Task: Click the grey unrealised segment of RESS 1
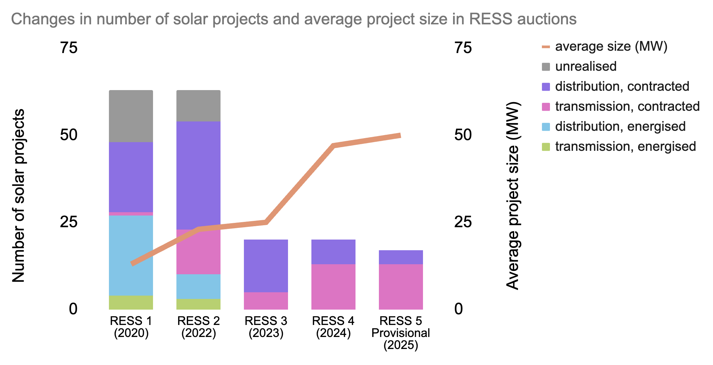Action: (131, 116)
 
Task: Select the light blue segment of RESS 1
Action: (131, 255)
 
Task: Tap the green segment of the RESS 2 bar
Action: (198, 304)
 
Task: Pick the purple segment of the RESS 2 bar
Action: (198, 175)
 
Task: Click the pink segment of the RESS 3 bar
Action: (266, 301)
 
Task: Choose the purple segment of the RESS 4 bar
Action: (333, 252)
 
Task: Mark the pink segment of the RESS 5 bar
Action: (401, 287)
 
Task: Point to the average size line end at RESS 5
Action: (400, 135)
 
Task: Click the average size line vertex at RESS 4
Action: (333, 145)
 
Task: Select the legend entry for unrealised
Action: (586, 66)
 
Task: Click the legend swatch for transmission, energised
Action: (546, 146)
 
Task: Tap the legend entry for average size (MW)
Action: (611, 46)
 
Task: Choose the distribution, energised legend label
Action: (620, 126)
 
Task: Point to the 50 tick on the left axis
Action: (69, 135)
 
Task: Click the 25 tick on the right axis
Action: (463, 222)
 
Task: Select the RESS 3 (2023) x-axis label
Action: (266, 327)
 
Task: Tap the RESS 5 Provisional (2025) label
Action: (401, 333)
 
